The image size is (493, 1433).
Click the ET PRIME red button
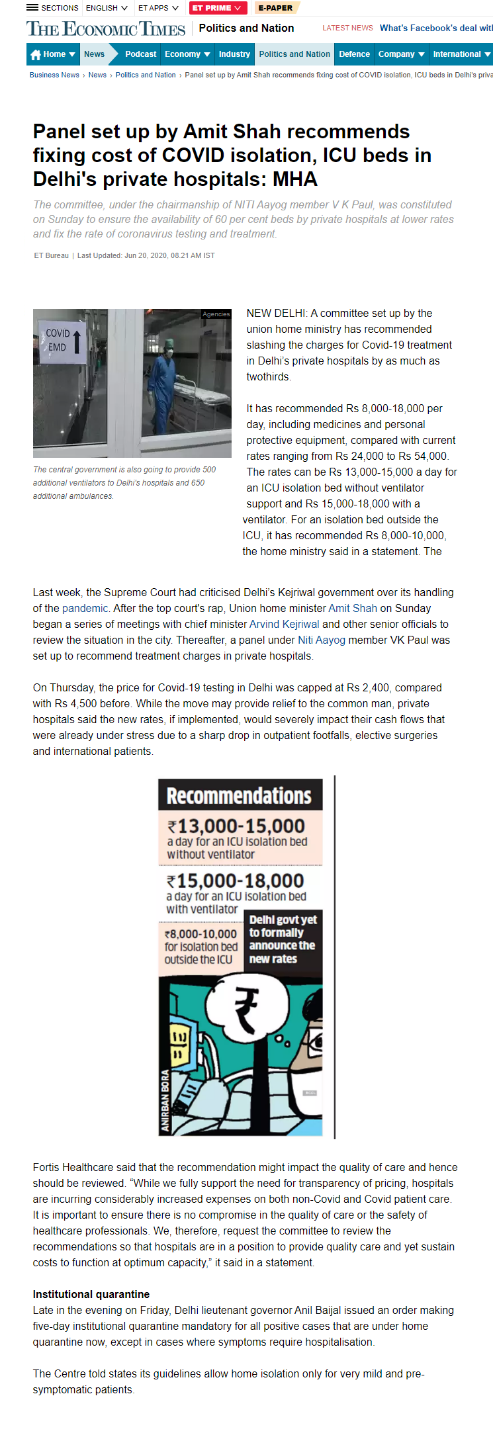[217, 8]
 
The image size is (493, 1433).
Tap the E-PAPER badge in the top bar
[275, 8]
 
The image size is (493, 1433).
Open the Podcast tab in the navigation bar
[140, 54]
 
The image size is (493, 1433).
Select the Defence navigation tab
[354, 54]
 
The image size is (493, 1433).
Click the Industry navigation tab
[234, 54]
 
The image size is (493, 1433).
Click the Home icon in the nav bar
[36, 54]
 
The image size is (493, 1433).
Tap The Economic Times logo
[106, 29]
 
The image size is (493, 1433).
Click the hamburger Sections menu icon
[32, 8]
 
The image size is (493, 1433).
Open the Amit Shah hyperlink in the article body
[353, 608]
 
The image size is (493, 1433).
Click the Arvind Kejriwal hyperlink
[284, 624]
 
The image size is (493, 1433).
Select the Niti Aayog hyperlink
[322, 640]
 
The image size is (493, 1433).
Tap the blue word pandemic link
[85, 608]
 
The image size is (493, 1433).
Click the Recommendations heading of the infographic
[240, 795]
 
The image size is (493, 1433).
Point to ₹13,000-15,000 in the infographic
[237, 826]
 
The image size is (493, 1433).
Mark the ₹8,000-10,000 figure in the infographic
[201, 934]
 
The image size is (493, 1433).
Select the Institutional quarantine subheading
[91, 1294]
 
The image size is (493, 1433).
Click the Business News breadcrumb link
[54, 75]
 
